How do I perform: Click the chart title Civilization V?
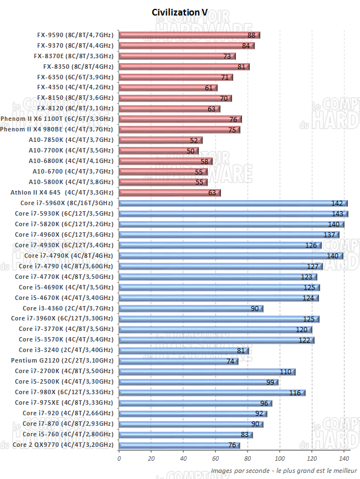point(179,12)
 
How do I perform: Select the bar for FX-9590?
point(189,35)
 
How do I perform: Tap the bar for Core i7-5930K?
point(233,213)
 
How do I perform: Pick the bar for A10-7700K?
point(158,150)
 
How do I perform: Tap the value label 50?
point(191,150)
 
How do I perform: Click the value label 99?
point(270,382)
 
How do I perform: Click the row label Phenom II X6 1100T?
point(57,119)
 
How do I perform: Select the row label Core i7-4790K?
point(68,256)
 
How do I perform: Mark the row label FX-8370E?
point(74,56)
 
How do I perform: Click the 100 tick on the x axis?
point(280,458)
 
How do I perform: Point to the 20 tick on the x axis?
point(151,458)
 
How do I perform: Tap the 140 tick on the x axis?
point(344,458)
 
